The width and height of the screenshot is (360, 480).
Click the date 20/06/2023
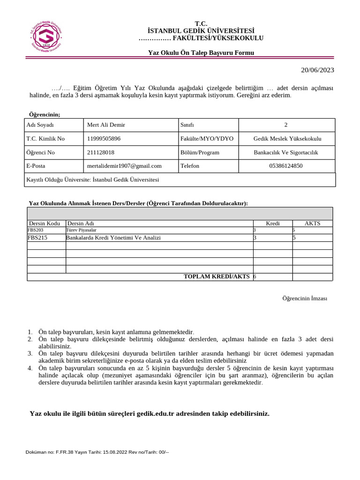(x=317, y=70)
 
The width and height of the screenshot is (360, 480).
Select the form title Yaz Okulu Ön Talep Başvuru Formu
(x=201, y=53)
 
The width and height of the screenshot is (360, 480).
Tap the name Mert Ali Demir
(x=106, y=125)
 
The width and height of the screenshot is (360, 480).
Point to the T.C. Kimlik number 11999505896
(x=104, y=139)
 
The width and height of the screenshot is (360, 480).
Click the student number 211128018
(x=101, y=152)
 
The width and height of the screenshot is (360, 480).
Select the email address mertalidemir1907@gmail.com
(x=124, y=165)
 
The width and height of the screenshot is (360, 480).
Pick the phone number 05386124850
(x=286, y=165)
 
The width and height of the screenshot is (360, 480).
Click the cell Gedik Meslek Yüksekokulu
(x=287, y=139)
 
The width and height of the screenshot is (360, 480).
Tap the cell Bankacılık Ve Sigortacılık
(x=286, y=152)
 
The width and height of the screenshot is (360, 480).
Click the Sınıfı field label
(x=187, y=125)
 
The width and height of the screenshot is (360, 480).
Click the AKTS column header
(x=312, y=224)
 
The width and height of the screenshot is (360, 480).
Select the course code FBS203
(x=36, y=230)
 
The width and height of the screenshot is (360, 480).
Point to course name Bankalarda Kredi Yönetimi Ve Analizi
(x=113, y=238)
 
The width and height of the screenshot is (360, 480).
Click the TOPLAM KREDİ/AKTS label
(x=217, y=277)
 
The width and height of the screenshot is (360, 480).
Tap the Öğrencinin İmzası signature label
(x=304, y=299)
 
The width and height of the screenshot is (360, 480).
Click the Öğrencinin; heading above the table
(x=45, y=114)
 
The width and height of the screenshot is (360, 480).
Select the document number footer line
(x=97, y=452)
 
